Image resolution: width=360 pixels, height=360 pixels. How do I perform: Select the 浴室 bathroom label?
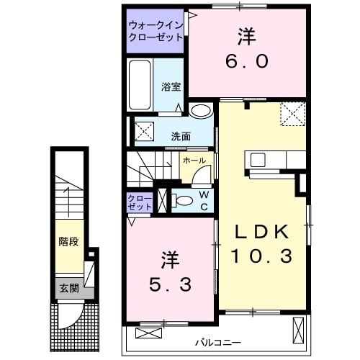(171, 86)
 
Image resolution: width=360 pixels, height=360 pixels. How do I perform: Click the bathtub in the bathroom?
(140, 84)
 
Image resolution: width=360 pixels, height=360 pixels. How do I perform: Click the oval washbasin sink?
(202, 110)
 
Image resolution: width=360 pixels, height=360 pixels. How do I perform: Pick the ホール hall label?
(194, 160)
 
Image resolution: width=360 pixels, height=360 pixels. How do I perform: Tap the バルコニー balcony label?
(217, 342)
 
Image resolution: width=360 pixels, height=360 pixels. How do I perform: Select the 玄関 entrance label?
(68, 289)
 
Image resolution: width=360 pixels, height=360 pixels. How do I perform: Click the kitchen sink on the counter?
(258, 159)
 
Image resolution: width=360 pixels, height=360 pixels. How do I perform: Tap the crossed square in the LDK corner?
(293, 114)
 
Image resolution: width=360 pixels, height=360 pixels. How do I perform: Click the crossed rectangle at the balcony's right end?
(299, 330)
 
